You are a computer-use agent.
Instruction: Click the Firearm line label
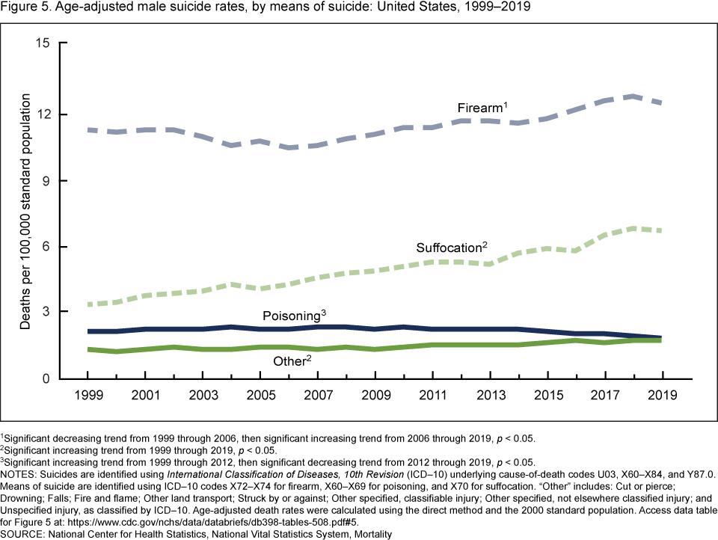tap(482, 108)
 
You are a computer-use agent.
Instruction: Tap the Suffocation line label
tap(451, 248)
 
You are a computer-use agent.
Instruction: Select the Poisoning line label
tap(294, 315)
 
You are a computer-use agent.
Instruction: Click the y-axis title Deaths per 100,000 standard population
tap(25, 212)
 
